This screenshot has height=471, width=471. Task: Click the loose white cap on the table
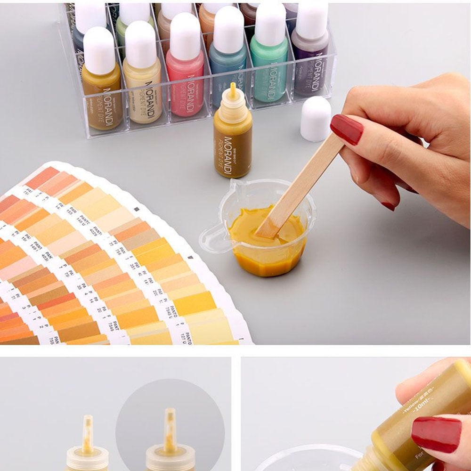[315, 119]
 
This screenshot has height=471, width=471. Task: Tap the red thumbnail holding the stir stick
[346, 129]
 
